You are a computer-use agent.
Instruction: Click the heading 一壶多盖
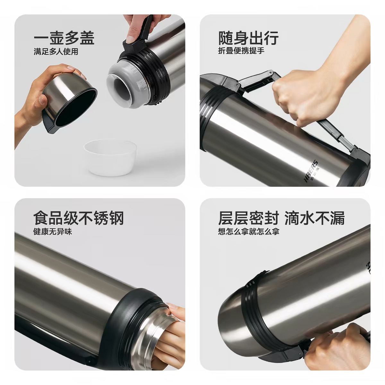click(x=64, y=38)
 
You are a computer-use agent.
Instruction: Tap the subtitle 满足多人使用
click(x=56, y=52)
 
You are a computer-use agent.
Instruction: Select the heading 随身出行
click(x=249, y=38)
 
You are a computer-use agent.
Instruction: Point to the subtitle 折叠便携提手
click(x=241, y=51)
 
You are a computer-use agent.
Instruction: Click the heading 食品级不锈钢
click(x=79, y=218)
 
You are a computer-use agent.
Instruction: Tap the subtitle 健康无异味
click(x=53, y=232)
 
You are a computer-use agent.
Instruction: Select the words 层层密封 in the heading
click(x=248, y=218)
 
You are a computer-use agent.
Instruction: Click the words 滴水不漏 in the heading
click(x=315, y=218)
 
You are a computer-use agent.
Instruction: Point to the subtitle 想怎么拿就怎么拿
click(x=249, y=232)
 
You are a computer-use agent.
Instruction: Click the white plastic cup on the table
click(x=111, y=158)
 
